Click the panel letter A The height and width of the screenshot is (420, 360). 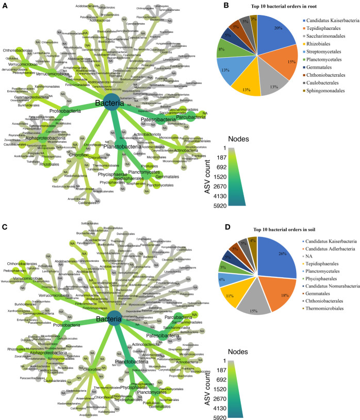tap(4, 5)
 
